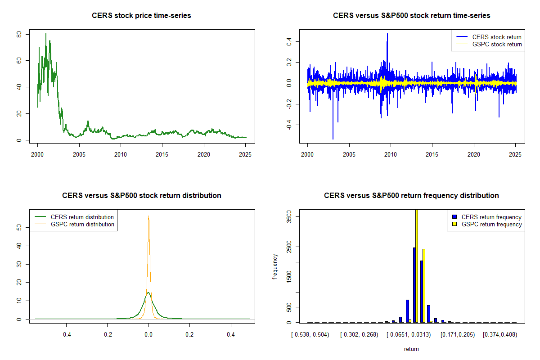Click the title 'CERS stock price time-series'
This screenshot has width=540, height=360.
point(141,16)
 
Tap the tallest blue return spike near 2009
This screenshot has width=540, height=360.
point(387,34)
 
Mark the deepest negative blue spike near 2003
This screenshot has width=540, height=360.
point(333,139)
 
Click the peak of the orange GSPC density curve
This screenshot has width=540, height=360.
point(148,216)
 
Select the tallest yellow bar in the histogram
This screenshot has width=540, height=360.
point(417,265)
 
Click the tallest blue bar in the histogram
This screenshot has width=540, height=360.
point(414,285)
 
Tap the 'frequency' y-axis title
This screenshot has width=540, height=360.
point(275,267)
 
